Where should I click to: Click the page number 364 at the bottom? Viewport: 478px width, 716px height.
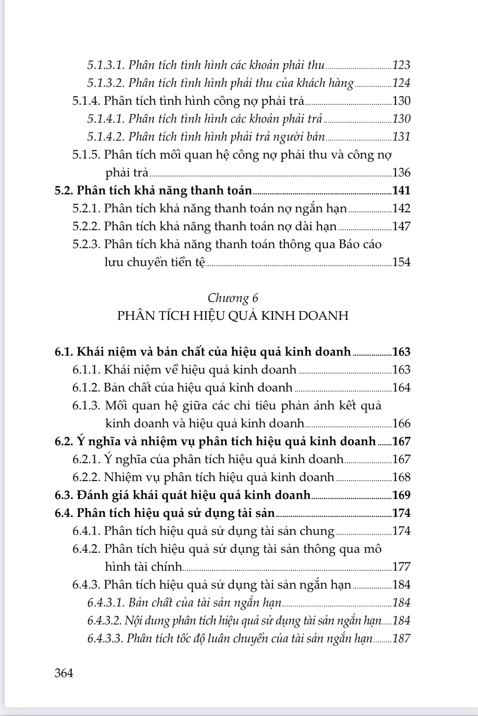tap(64, 673)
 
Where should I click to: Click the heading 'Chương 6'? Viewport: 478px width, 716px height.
tap(233, 298)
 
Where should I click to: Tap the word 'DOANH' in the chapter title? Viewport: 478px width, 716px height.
tap(327, 316)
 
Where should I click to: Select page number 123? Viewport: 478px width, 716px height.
tap(401, 65)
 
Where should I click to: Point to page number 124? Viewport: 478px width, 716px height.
tap(401, 83)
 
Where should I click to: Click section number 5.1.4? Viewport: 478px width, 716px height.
tap(86, 101)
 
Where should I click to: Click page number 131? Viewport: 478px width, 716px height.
tap(401, 137)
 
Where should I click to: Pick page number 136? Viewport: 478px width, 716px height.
tap(401, 173)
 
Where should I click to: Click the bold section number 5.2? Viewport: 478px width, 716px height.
tap(63, 190)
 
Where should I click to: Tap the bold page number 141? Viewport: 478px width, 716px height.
tap(401, 190)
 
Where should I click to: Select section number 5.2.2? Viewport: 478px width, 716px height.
tap(86, 226)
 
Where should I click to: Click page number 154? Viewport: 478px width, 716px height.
tap(401, 262)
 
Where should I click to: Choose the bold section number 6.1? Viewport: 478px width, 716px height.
tap(63, 352)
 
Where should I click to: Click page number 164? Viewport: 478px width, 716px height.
tap(401, 388)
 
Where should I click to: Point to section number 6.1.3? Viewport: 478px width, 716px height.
tap(86, 406)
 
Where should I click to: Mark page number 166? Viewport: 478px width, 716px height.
tap(401, 423)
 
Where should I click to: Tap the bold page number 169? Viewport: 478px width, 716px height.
tap(401, 495)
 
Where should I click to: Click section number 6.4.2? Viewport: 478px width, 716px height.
tap(86, 549)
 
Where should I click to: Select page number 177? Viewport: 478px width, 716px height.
tap(401, 567)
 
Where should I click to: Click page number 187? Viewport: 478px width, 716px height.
tap(401, 638)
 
